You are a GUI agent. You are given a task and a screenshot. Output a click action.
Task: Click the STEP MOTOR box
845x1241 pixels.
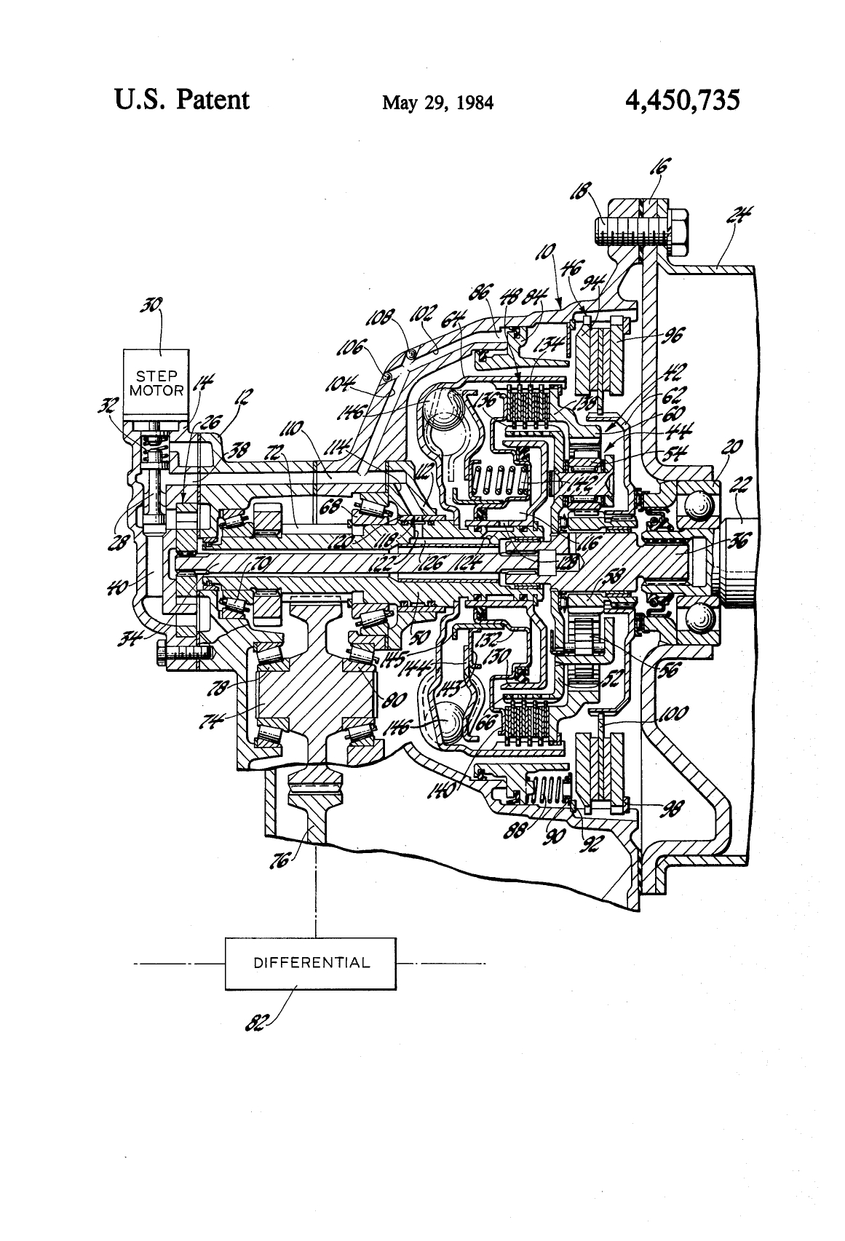(x=156, y=384)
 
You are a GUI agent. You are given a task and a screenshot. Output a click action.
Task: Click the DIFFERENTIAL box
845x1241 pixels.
(x=311, y=963)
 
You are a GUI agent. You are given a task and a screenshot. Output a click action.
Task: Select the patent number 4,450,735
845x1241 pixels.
(x=682, y=100)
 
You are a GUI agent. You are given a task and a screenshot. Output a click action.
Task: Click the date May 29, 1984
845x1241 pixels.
(x=438, y=103)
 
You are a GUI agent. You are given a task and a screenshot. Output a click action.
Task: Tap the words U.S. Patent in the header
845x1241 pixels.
(x=181, y=99)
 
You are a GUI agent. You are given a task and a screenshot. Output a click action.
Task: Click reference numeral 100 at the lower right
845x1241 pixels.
(x=671, y=714)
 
